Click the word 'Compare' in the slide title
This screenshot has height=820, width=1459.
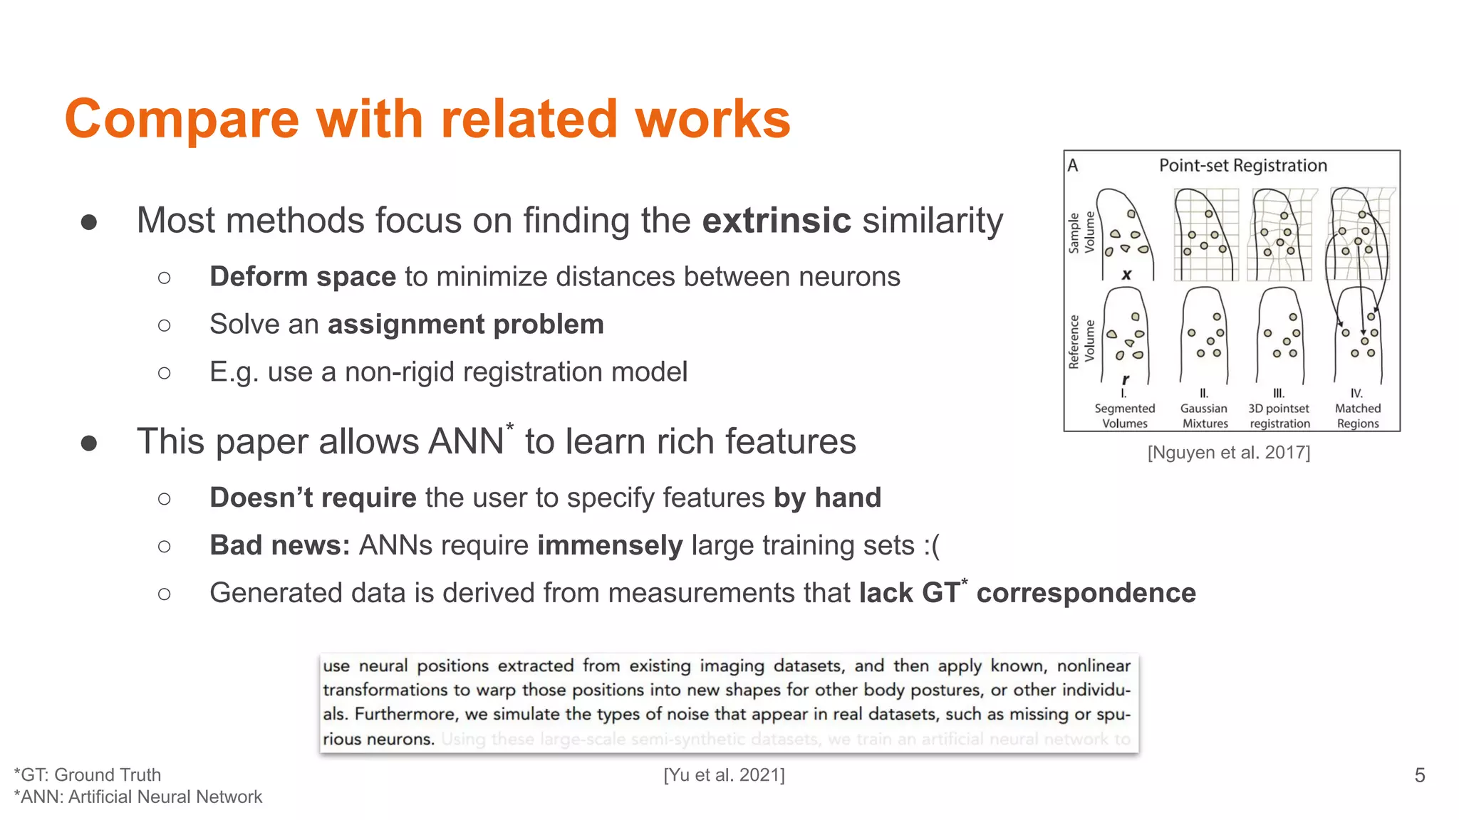[x=182, y=120]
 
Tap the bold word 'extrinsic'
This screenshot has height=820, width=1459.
[x=777, y=221]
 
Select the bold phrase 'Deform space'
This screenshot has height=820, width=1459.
[x=303, y=277]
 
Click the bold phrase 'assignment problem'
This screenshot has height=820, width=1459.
[x=465, y=325]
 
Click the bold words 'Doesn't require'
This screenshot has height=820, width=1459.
[x=313, y=498]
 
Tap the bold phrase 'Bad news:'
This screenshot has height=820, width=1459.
[x=279, y=545]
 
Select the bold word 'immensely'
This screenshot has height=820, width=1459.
[x=610, y=545]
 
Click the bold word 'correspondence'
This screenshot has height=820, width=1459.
[x=1086, y=593]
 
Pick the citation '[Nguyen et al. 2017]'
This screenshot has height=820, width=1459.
[x=1228, y=453]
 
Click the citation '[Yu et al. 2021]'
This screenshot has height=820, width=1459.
[x=724, y=774]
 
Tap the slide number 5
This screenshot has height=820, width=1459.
[x=1419, y=775]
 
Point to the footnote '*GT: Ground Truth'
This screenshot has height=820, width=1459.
[x=88, y=774]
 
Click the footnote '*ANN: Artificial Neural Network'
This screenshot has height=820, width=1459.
[x=138, y=797]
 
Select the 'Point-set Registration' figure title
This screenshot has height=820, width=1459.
[x=1242, y=166]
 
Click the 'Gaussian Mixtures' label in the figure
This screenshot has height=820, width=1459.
[x=1204, y=416]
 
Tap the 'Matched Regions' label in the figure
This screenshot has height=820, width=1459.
[x=1357, y=416]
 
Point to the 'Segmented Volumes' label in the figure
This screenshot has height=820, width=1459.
[x=1125, y=416]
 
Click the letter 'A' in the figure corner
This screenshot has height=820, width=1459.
[x=1073, y=166]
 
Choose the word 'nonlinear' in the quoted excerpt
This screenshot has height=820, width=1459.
[x=1094, y=666]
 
